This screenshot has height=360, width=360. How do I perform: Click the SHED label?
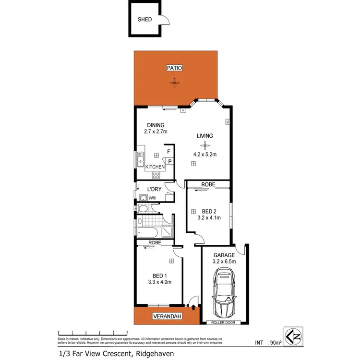point(145,20)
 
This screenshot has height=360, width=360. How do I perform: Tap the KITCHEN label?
point(156,167)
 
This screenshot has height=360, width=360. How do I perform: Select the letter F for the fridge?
point(168,152)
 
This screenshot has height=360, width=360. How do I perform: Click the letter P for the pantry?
point(170,161)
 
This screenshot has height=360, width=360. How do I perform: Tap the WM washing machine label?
point(152,198)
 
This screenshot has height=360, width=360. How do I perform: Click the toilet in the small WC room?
point(144,209)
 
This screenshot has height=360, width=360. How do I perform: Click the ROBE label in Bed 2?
point(208,184)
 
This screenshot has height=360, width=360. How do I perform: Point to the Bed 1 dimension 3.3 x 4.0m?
point(159,282)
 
